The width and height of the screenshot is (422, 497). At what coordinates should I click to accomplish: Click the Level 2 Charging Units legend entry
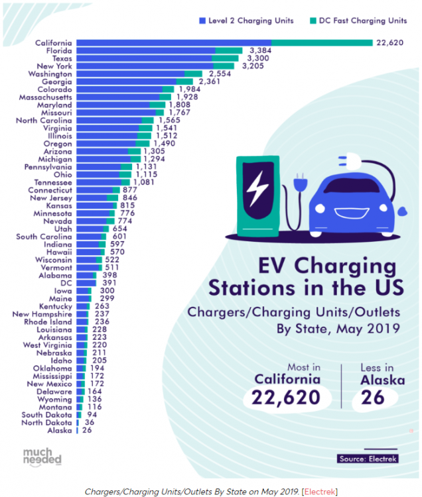click(246, 21)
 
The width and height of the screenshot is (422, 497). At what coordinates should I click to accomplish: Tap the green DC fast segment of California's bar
click(322, 43)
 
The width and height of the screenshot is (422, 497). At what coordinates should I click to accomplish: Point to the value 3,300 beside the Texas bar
click(256, 58)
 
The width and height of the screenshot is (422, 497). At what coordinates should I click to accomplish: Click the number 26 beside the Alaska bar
click(87, 430)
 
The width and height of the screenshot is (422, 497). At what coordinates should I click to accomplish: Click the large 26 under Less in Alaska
click(373, 398)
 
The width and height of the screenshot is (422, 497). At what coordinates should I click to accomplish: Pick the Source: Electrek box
click(367, 458)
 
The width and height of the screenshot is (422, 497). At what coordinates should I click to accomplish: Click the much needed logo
click(42, 457)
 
